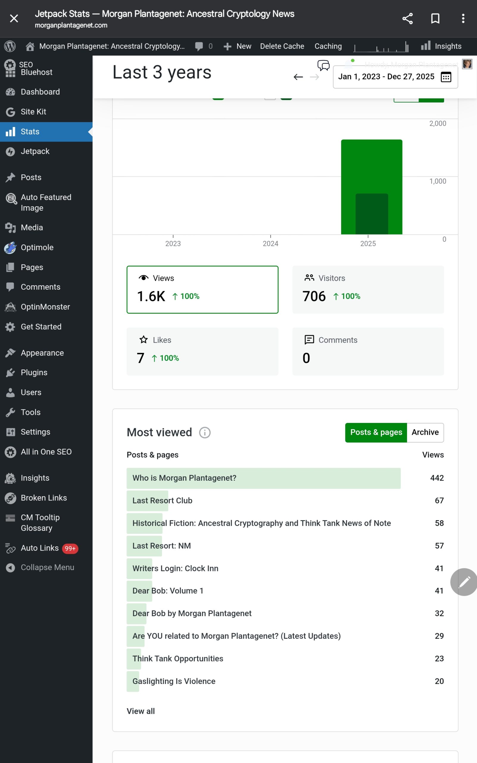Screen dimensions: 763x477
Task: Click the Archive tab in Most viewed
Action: pos(425,432)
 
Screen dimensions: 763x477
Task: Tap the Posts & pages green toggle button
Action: pos(376,432)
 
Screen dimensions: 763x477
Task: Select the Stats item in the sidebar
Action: pos(30,132)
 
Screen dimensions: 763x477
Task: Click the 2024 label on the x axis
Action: pos(270,244)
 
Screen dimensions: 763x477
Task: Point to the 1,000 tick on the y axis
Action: pos(438,181)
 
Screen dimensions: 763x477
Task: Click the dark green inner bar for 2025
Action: pos(372,215)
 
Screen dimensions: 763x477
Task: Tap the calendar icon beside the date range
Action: pos(446,77)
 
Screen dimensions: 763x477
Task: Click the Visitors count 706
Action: pos(314,296)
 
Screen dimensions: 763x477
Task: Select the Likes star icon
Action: pos(144,340)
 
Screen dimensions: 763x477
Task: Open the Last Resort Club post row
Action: pos(162,500)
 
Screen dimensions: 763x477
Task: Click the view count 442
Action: pos(437,478)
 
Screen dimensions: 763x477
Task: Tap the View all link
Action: pos(141,711)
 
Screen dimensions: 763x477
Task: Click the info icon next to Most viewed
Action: pos(205,433)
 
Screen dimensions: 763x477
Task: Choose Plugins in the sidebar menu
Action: pos(34,373)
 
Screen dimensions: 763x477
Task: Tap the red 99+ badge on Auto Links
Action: pos(70,549)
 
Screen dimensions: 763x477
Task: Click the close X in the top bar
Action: pos(14,18)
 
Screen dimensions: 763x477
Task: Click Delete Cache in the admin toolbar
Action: pos(282,46)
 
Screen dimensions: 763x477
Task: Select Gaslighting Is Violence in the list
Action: pos(174,681)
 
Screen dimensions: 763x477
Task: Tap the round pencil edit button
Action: pos(464,582)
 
